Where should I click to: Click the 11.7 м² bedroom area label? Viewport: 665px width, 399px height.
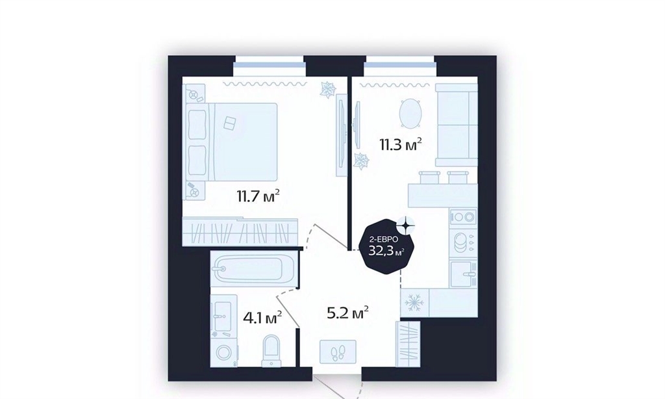click(x=258, y=196)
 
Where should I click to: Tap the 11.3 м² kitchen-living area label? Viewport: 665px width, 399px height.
click(x=400, y=145)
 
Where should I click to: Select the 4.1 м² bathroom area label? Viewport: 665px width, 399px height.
click(x=263, y=318)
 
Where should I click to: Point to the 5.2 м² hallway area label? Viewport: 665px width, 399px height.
click(x=347, y=313)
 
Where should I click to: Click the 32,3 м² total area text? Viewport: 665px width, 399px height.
click(x=386, y=251)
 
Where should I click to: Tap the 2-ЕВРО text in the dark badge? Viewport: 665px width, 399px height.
click(x=384, y=240)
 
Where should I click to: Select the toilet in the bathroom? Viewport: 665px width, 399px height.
click(x=271, y=350)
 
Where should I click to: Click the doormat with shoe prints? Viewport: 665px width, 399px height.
click(x=338, y=352)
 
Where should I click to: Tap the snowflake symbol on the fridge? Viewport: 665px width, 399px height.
click(x=414, y=303)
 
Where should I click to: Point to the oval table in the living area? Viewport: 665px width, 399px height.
click(x=410, y=113)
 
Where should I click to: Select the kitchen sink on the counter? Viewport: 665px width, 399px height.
click(x=463, y=274)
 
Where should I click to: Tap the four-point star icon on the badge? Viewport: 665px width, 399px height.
click(x=405, y=224)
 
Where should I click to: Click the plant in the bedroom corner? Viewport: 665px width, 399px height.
click(x=328, y=90)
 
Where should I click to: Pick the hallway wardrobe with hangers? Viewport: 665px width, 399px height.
click(x=408, y=344)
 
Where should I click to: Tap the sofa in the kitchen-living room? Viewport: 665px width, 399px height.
click(x=457, y=125)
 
